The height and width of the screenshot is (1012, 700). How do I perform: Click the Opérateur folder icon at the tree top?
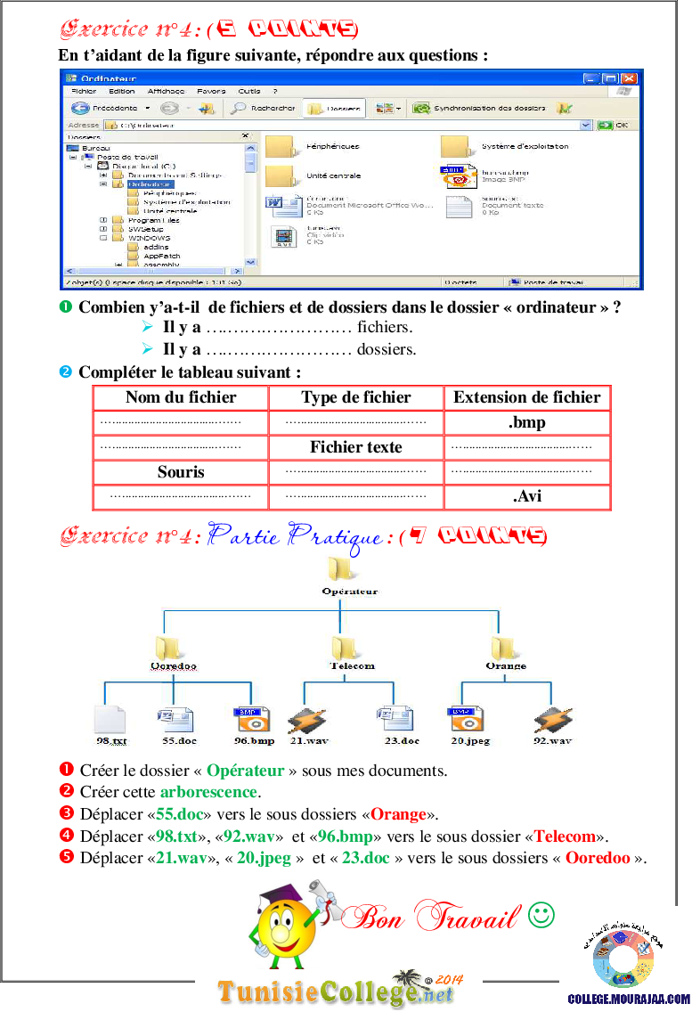point(339,567)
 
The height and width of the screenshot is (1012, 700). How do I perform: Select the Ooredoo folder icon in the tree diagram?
point(169,645)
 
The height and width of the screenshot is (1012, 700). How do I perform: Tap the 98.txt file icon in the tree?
point(110,719)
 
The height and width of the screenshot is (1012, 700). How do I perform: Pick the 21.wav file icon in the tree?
point(305,719)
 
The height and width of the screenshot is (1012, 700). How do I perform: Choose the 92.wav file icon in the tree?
point(552,719)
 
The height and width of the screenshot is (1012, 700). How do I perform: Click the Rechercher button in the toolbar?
point(263,108)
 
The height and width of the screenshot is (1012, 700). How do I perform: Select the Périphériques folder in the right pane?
point(280,146)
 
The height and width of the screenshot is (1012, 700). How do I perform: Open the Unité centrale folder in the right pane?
point(280,175)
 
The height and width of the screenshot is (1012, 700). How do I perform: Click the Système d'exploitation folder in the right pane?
point(455,146)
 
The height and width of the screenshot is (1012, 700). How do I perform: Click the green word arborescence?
point(208,792)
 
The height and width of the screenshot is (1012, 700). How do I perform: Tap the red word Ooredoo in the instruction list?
point(598,858)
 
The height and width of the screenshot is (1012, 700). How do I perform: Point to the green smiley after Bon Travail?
point(541,915)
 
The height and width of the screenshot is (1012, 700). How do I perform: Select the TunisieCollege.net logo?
point(338,990)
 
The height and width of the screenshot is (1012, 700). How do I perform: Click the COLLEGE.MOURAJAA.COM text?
point(629,1000)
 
